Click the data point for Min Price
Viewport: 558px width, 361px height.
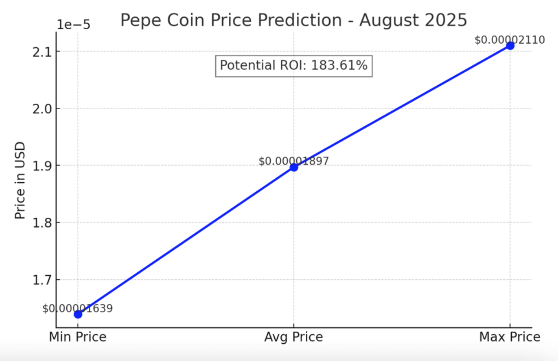pos(78,314)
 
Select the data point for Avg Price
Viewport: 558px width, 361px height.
pos(294,167)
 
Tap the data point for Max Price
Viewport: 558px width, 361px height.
pos(510,45)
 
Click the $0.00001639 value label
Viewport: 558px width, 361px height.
pos(78,309)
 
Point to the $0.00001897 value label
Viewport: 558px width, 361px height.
pos(294,161)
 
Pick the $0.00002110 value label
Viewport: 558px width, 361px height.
pos(509,40)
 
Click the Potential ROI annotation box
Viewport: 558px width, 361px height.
pos(294,65)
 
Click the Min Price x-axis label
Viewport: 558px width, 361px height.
pos(78,337)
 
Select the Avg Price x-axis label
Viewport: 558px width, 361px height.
pos(294,337)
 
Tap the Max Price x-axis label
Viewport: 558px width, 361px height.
pos(509,337)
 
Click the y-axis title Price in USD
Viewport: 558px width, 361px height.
pos(20,180)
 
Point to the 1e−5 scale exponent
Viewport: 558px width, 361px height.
pos(74,25)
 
